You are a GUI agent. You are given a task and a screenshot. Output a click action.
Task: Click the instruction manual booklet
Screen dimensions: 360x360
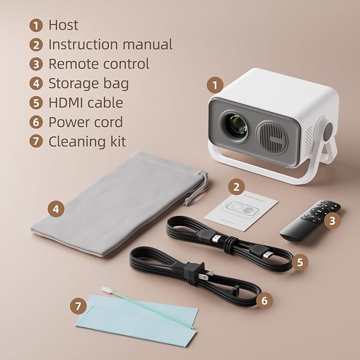coord(241,210)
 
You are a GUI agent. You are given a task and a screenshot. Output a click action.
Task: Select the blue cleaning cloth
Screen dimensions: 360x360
coord(138,323)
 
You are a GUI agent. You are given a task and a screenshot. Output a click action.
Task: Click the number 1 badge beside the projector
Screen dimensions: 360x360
coord(214,84)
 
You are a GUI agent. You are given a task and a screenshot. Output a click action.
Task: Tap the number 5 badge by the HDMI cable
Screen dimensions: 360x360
coord(300,262)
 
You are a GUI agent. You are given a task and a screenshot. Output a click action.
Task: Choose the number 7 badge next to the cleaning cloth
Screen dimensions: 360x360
coord(79,305)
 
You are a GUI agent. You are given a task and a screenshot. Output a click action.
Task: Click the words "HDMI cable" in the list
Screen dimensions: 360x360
coord(85,103)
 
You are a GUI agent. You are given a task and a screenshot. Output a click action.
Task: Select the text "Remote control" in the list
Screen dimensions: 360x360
coord(99,64)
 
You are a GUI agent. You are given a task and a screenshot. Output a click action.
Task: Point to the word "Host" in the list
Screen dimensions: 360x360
coord(63,25)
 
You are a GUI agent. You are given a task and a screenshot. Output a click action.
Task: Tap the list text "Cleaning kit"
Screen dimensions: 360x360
coord(87,142)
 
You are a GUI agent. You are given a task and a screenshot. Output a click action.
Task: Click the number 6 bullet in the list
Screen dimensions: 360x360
coord(36,122)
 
